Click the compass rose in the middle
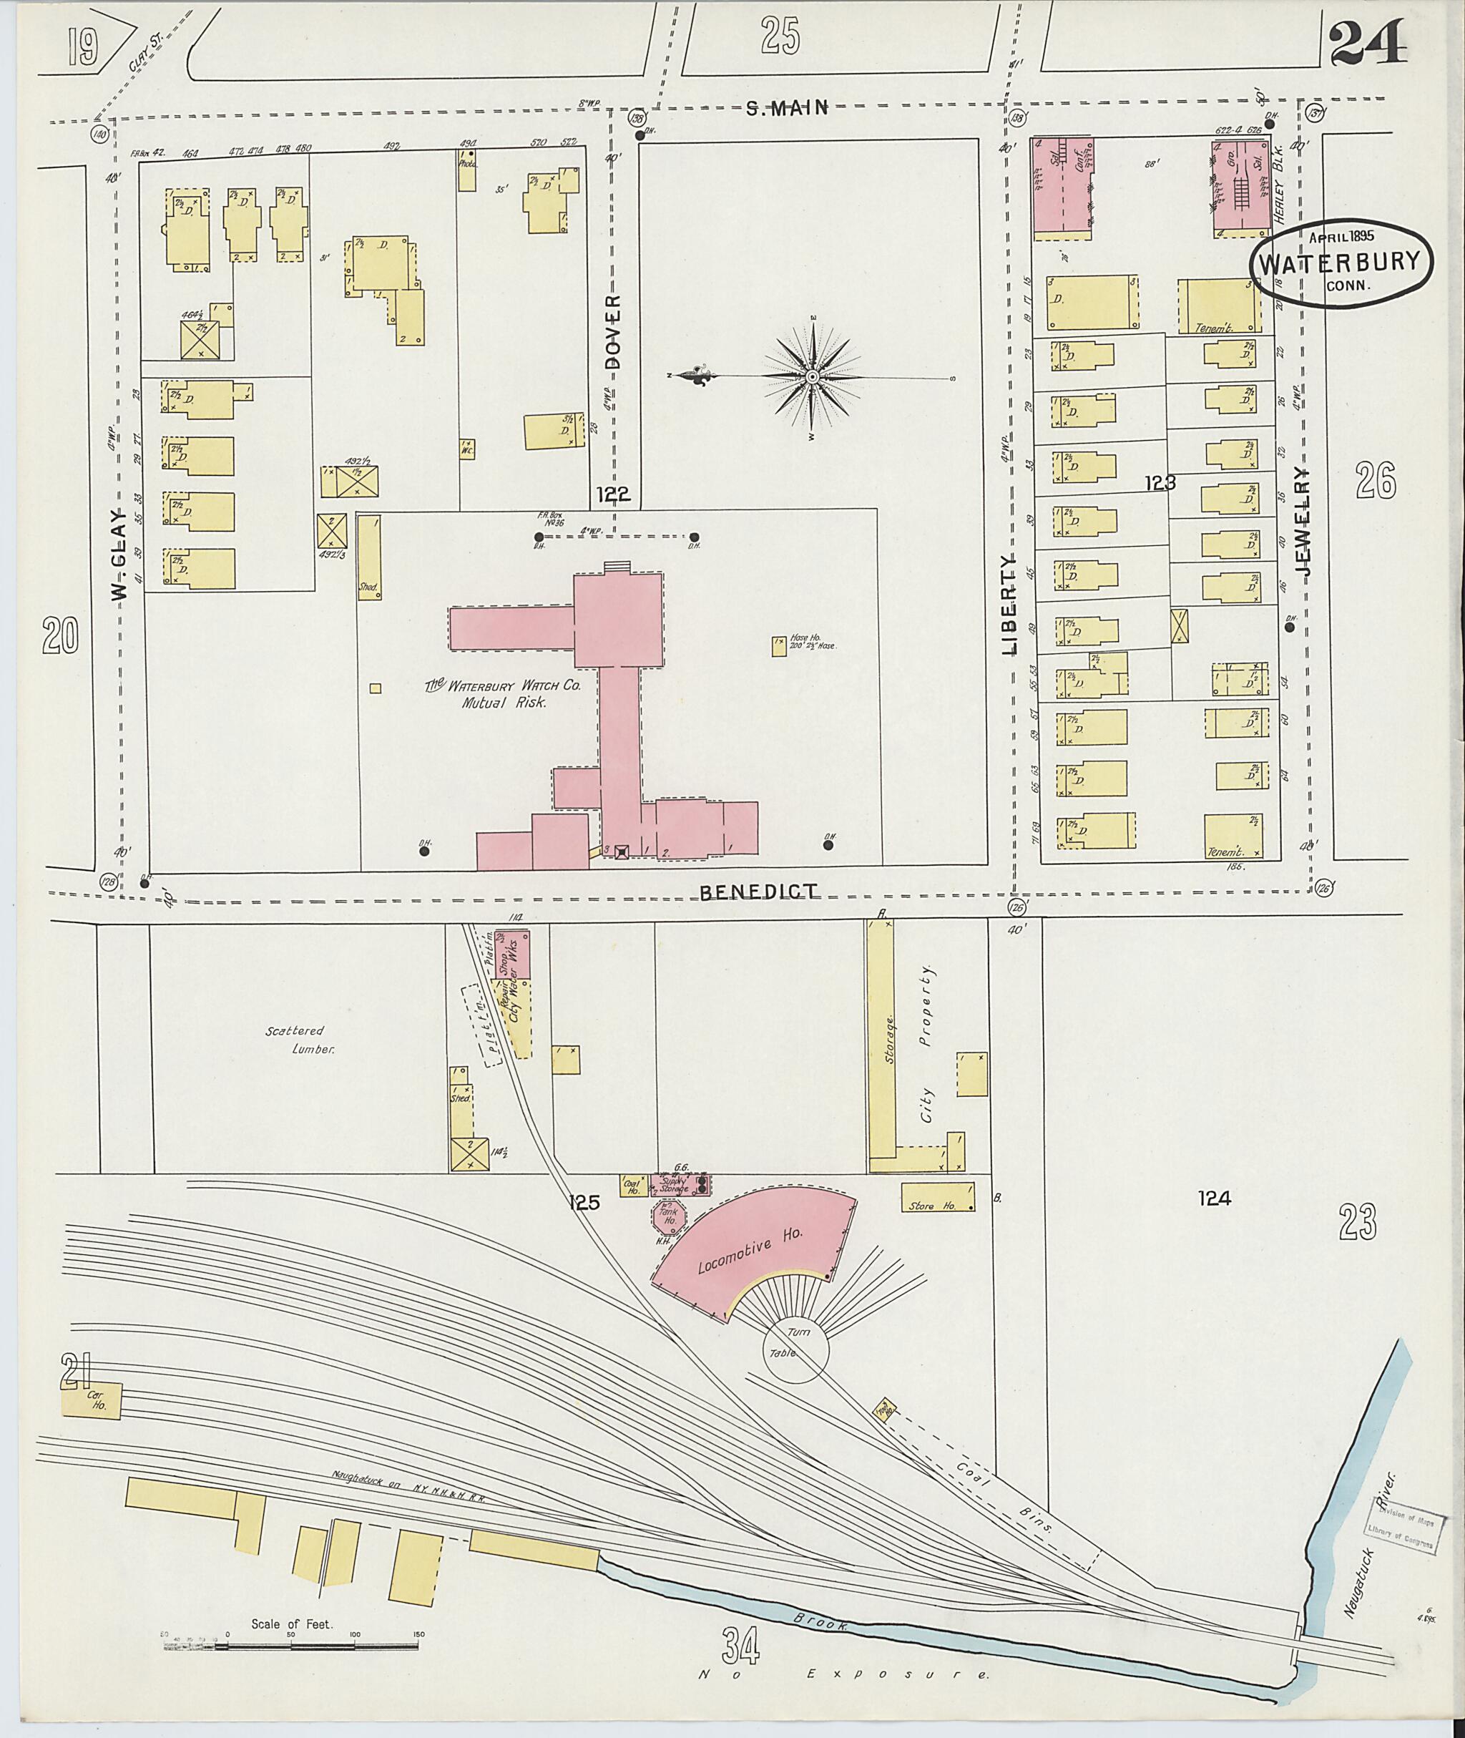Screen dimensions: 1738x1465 click(x=812, y=377)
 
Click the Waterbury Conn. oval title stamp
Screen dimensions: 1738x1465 click(x=1342, y=264)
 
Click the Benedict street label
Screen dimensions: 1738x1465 click(x=758, y=892)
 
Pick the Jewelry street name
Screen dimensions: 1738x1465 click(x=1303, y=523)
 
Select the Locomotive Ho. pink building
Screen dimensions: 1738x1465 click(x=752, y=1251)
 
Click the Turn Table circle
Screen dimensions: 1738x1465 click(x=795, y=1352)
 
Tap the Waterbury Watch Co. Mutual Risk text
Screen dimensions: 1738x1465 click(x=502, y=695)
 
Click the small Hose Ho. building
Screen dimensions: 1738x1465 click(x=779, y=647)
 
